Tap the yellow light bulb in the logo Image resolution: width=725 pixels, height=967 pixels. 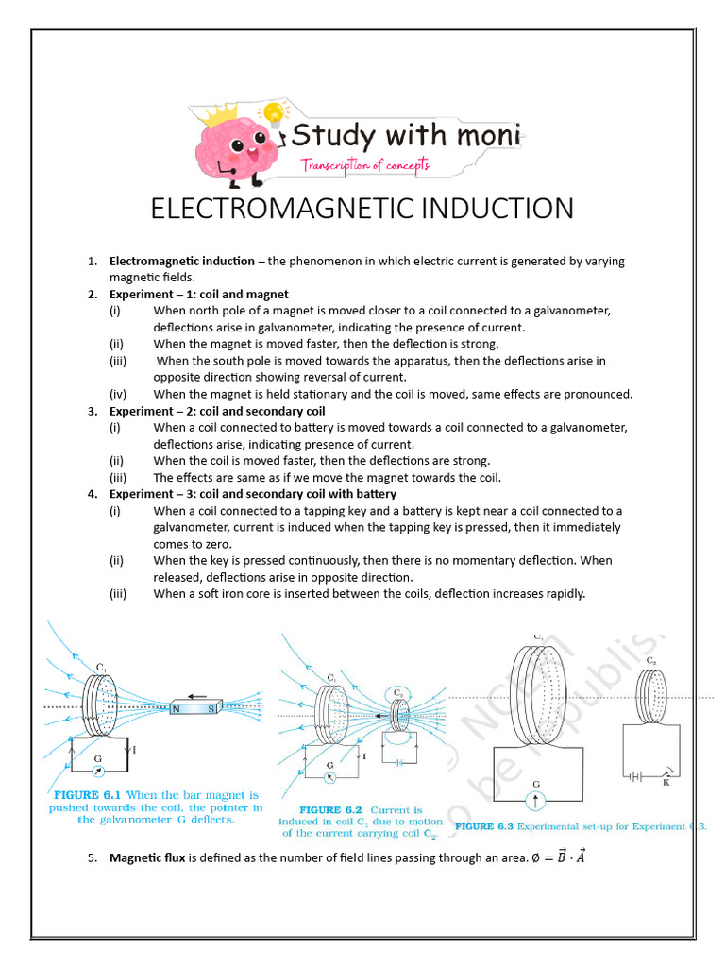click(274, 114)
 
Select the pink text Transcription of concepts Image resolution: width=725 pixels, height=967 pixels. click(365, 165)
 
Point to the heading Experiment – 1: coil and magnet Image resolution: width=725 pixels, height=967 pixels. click(198, 294)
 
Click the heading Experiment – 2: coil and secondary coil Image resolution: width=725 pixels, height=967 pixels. click(217, 411)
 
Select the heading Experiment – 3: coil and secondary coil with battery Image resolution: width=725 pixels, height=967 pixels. click(253, 494)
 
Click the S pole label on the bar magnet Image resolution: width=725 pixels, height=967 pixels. click(211, 709)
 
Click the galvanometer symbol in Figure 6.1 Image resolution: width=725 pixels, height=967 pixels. click(98, 772)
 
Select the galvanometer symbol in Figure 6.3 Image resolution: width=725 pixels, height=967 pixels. click(537, 802)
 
